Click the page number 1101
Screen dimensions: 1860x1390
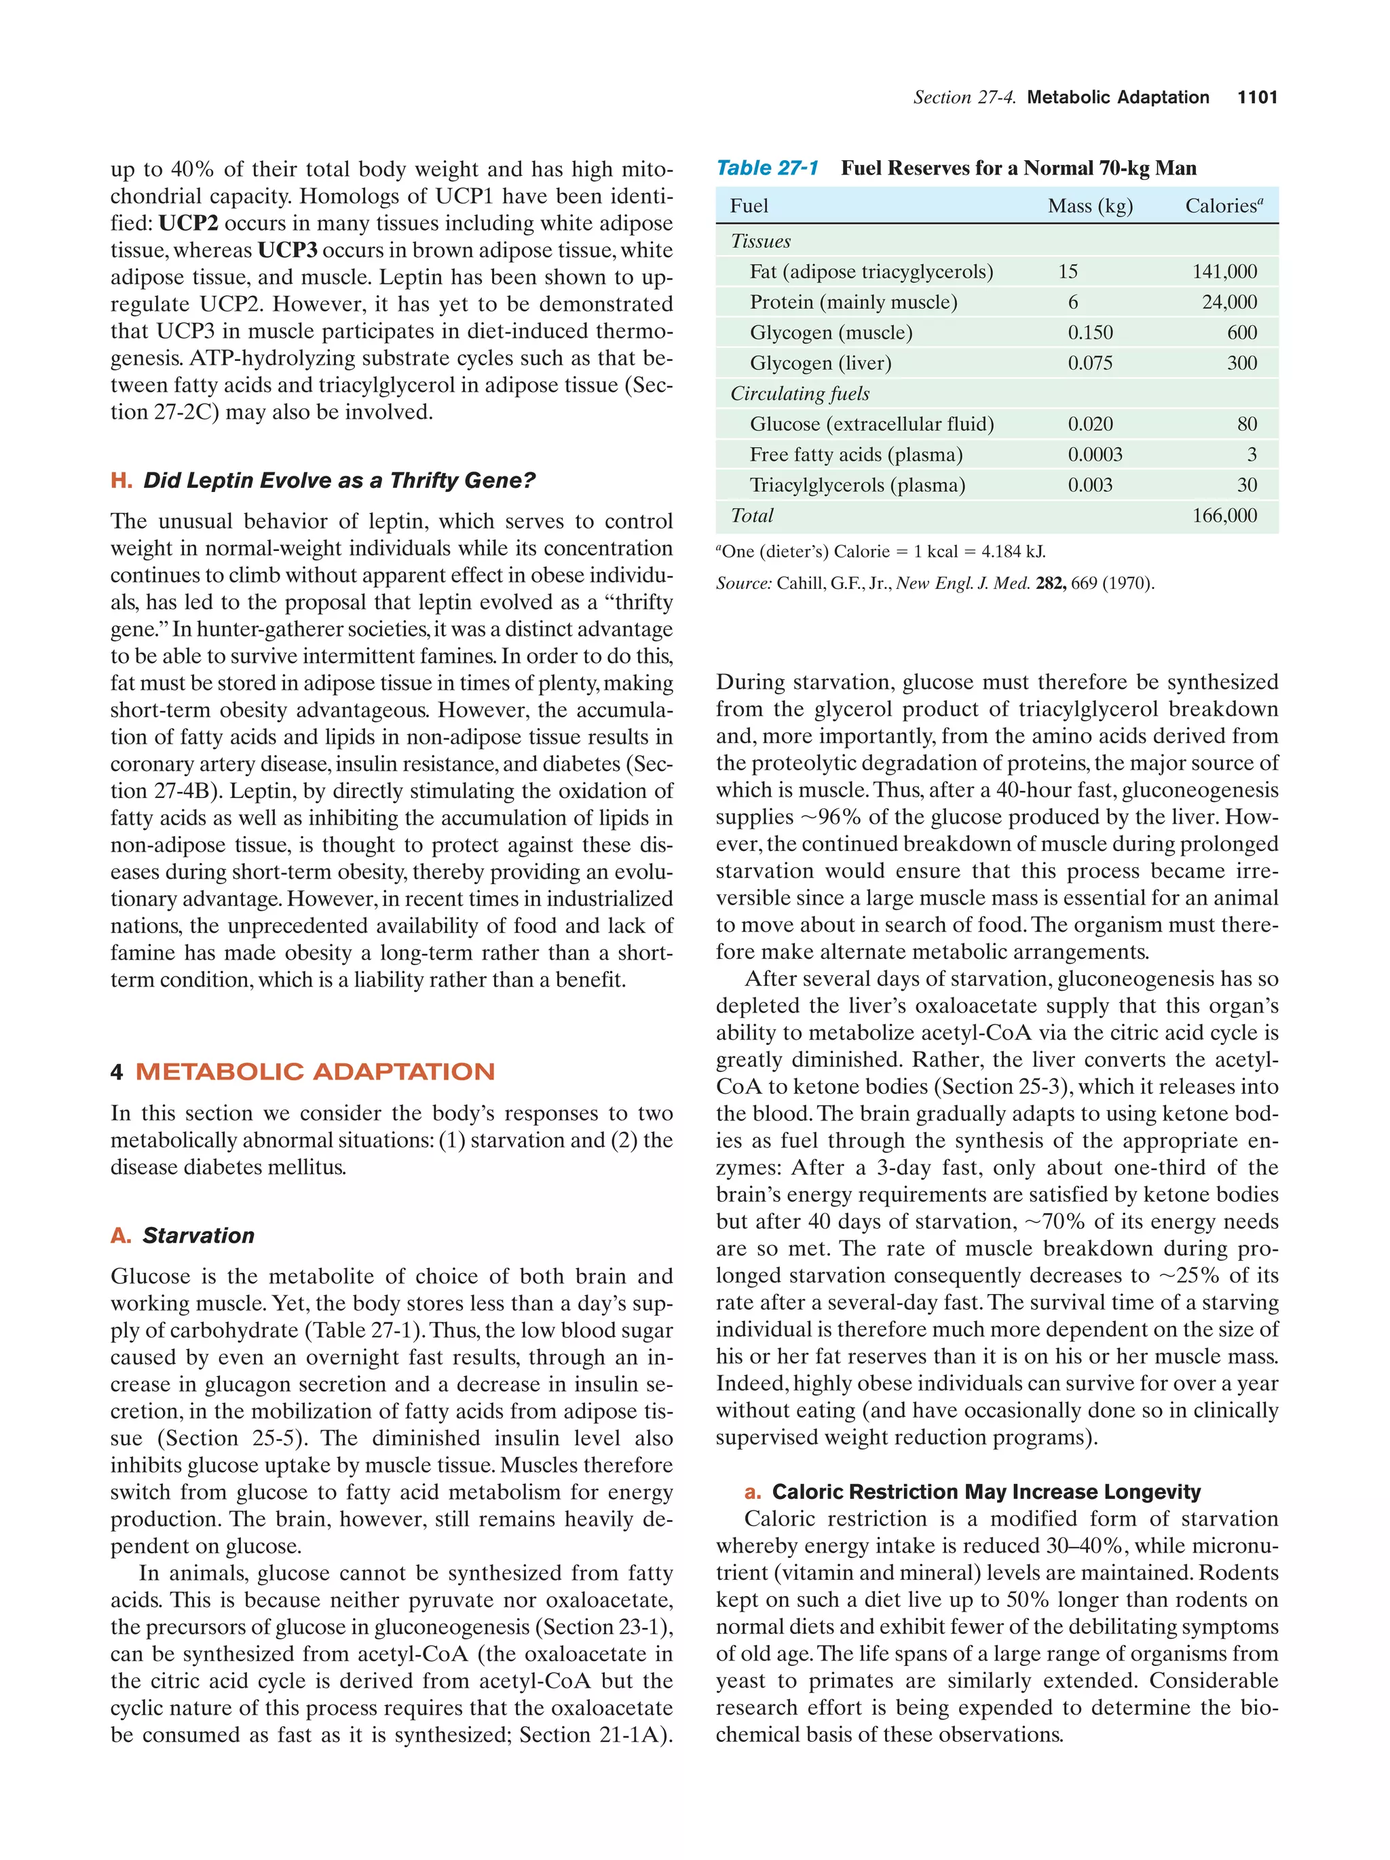1256,98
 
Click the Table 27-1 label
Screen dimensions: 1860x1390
766,168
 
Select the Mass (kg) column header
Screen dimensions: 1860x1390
1090,206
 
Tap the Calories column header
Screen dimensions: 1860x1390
1224,206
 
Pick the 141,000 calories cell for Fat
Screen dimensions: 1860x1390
1224,271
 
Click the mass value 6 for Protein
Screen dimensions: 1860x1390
1073,302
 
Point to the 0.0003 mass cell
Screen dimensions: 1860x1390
1095,455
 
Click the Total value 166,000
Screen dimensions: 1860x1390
1224,516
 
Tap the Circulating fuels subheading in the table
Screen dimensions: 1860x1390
799,394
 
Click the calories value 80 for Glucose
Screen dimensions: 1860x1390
1247,424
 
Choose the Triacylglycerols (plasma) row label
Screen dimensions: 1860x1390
857,485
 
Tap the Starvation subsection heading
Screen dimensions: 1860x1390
198,1235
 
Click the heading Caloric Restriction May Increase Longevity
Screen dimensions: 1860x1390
985,1492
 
